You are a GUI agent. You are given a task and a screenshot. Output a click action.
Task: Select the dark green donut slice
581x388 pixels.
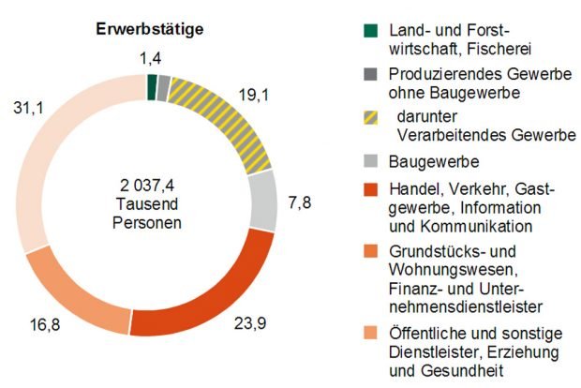152,86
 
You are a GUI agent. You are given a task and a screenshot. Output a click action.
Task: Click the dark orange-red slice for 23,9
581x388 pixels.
201,300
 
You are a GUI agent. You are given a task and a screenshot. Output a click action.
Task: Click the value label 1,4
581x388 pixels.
151,59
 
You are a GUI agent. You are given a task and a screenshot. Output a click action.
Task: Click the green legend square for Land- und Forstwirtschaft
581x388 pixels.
370,32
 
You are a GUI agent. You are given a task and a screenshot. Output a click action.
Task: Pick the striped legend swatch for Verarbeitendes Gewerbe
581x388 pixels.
370,120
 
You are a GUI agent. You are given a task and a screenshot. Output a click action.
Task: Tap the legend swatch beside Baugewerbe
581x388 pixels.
370,160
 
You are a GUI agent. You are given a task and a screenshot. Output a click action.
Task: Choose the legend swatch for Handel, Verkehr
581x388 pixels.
370,191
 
